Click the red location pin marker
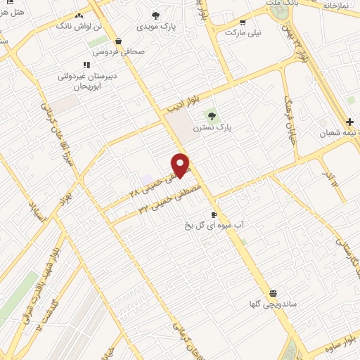pyautogui.click(x=181, y=165)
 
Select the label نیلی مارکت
pyautogui.click(x=243, y=32)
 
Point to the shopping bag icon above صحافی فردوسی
pyautogui.click(x=117, y=41)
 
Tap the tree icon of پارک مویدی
pyautogui.click(x=155, y=15)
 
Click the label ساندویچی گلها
pyautogui.click(x=272, y=304)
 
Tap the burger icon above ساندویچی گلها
pyautogui.click(x=273, y=293)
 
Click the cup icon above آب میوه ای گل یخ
pyautogui.click(x=214, y=215)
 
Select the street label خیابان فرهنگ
pyautogui.click(x=288, y=120)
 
